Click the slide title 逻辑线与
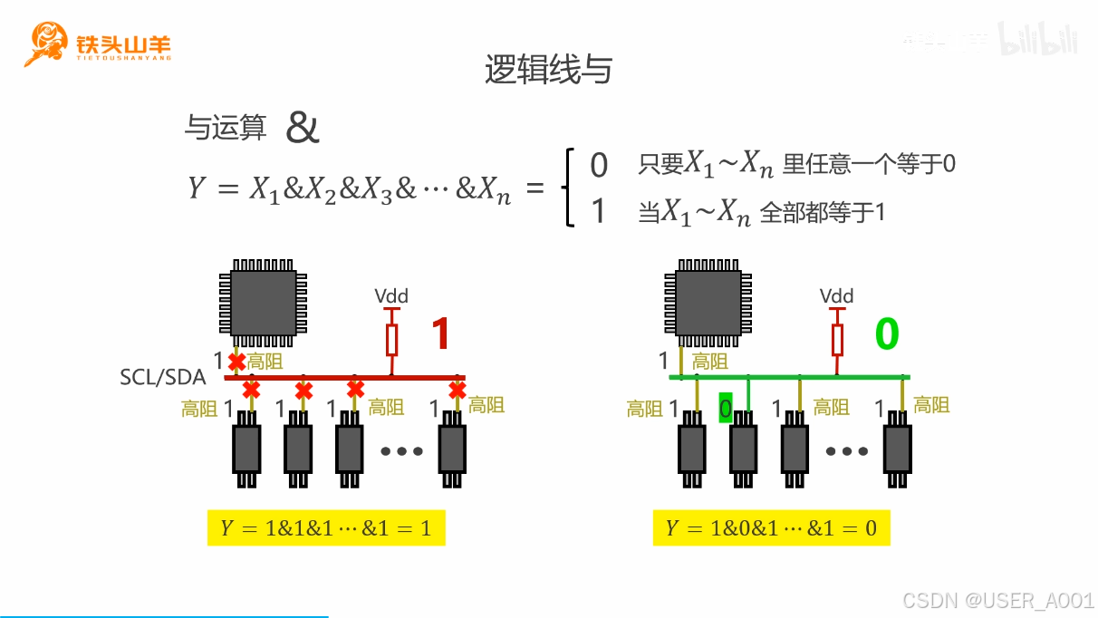(548, 70)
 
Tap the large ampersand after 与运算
(303, 129)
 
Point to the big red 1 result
(440, 333)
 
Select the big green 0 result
(886, 333)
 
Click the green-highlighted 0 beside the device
(725, 409)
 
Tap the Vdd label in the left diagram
(391, 296)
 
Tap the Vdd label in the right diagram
(836, 296)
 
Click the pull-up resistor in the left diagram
(391, 339)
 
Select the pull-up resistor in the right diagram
(837, 339)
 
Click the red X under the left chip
(237, 362)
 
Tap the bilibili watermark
(1038, 39)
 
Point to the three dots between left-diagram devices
(401, 450)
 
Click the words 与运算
(226, 130)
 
